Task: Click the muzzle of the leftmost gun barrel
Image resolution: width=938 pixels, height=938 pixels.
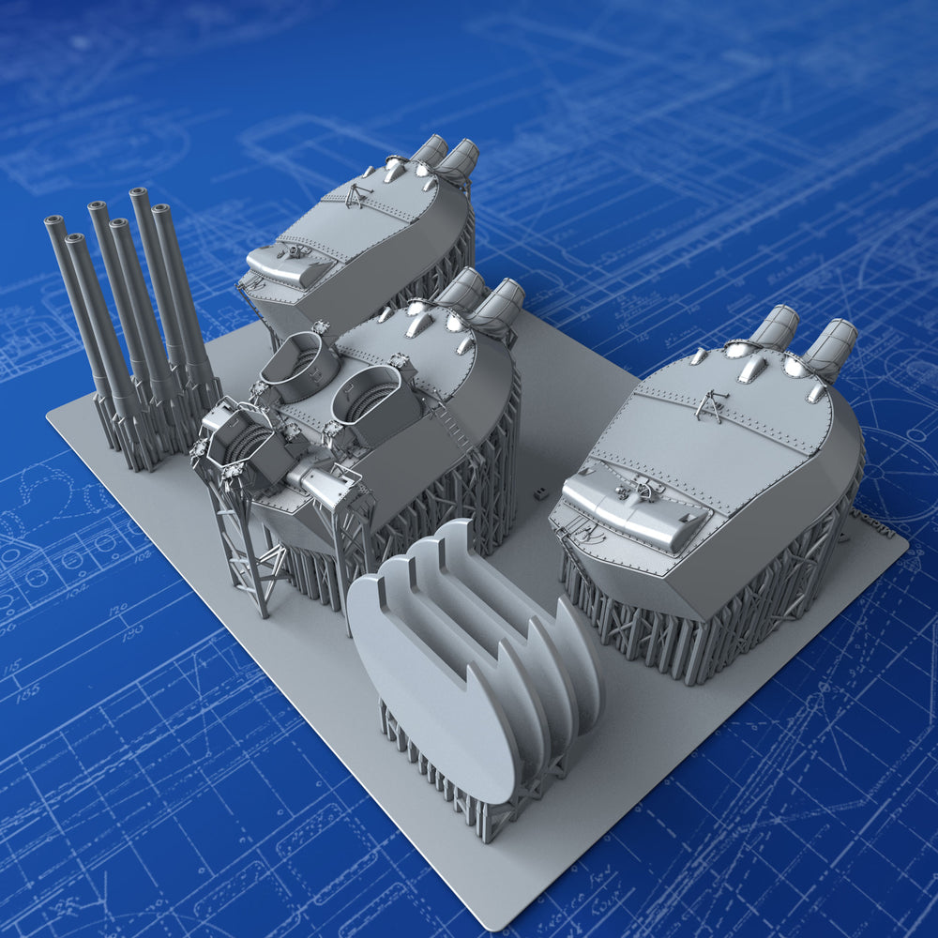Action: (x=54, y=222)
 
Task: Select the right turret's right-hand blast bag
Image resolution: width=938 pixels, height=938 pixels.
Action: (x=829, y=347)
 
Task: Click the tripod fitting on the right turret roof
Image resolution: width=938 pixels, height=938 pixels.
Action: (x=712, y=405)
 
